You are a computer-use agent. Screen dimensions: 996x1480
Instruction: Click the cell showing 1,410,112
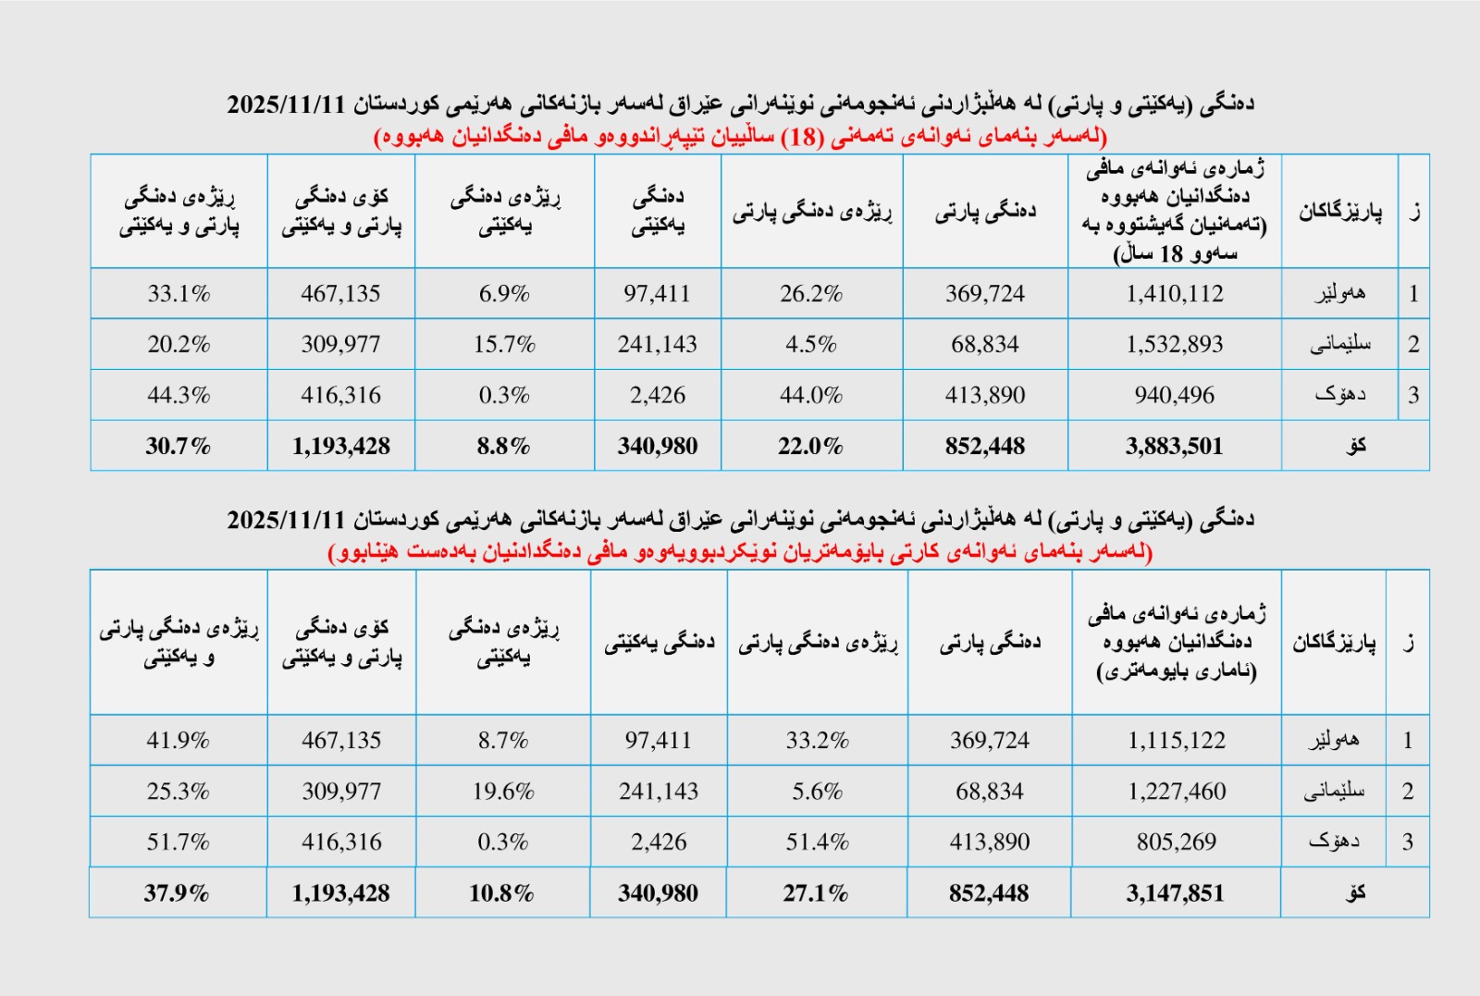pos(1174,294)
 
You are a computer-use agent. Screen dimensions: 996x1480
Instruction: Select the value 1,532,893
pos(1174,345)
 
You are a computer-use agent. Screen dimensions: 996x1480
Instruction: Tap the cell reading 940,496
pos(1174,396)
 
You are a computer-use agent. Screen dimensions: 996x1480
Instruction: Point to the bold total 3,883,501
pos(1174,447)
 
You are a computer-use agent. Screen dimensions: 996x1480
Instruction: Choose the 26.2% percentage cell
pos(810,294)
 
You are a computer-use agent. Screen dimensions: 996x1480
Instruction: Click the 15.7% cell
pos(504,345)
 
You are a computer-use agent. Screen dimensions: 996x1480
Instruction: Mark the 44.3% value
pos(179,396)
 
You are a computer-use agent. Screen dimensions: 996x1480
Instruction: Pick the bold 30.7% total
pos(178,447)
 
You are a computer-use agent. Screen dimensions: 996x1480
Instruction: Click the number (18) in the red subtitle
pos(801,137)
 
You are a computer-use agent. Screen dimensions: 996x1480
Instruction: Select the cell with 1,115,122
pos(1176,741)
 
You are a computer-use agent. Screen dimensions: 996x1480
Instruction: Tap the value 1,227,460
pos(1177,792)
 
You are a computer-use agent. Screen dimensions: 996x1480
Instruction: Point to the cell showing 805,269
pos(1177,842)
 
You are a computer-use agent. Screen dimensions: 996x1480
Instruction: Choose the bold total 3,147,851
pos(1175,893)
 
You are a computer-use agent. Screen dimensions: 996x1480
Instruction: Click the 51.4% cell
pos(817,842)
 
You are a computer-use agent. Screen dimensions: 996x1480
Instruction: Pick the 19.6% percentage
pos(503,792)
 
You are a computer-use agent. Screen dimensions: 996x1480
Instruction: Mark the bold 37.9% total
pos(176,893)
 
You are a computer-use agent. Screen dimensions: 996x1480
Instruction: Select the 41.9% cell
pos(178,741)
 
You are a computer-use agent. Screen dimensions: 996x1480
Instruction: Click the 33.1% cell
pos(179,294)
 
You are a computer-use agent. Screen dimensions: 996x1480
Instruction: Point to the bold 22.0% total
pos(810,447)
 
